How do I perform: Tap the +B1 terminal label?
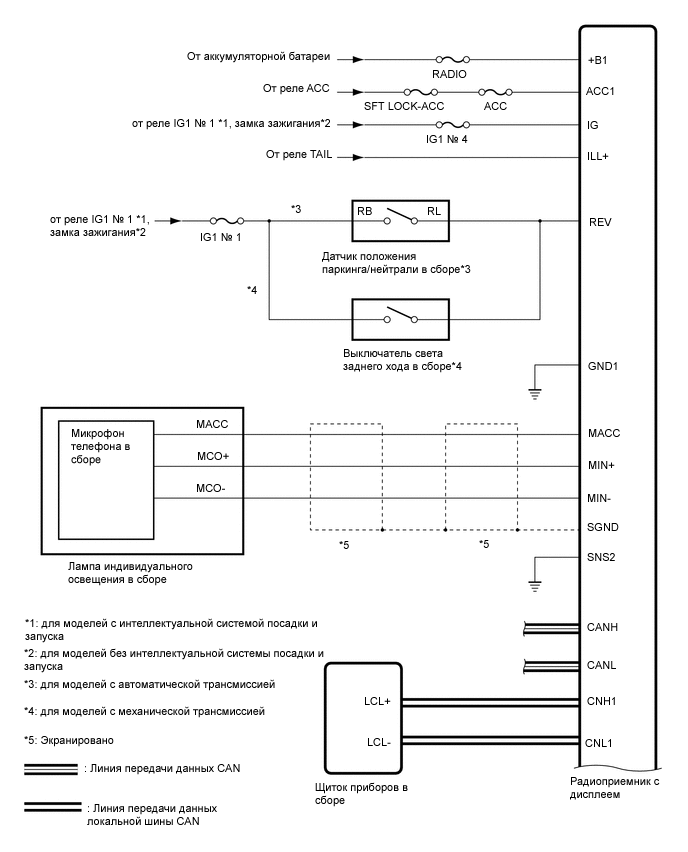coord(598,59)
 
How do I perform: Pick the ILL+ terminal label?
coord(599,157)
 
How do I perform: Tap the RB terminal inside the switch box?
coord(366,212)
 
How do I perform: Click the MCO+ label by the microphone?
coord(214,455)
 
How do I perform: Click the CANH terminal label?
coord(603,628)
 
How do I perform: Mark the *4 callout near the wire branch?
coord(253,290)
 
